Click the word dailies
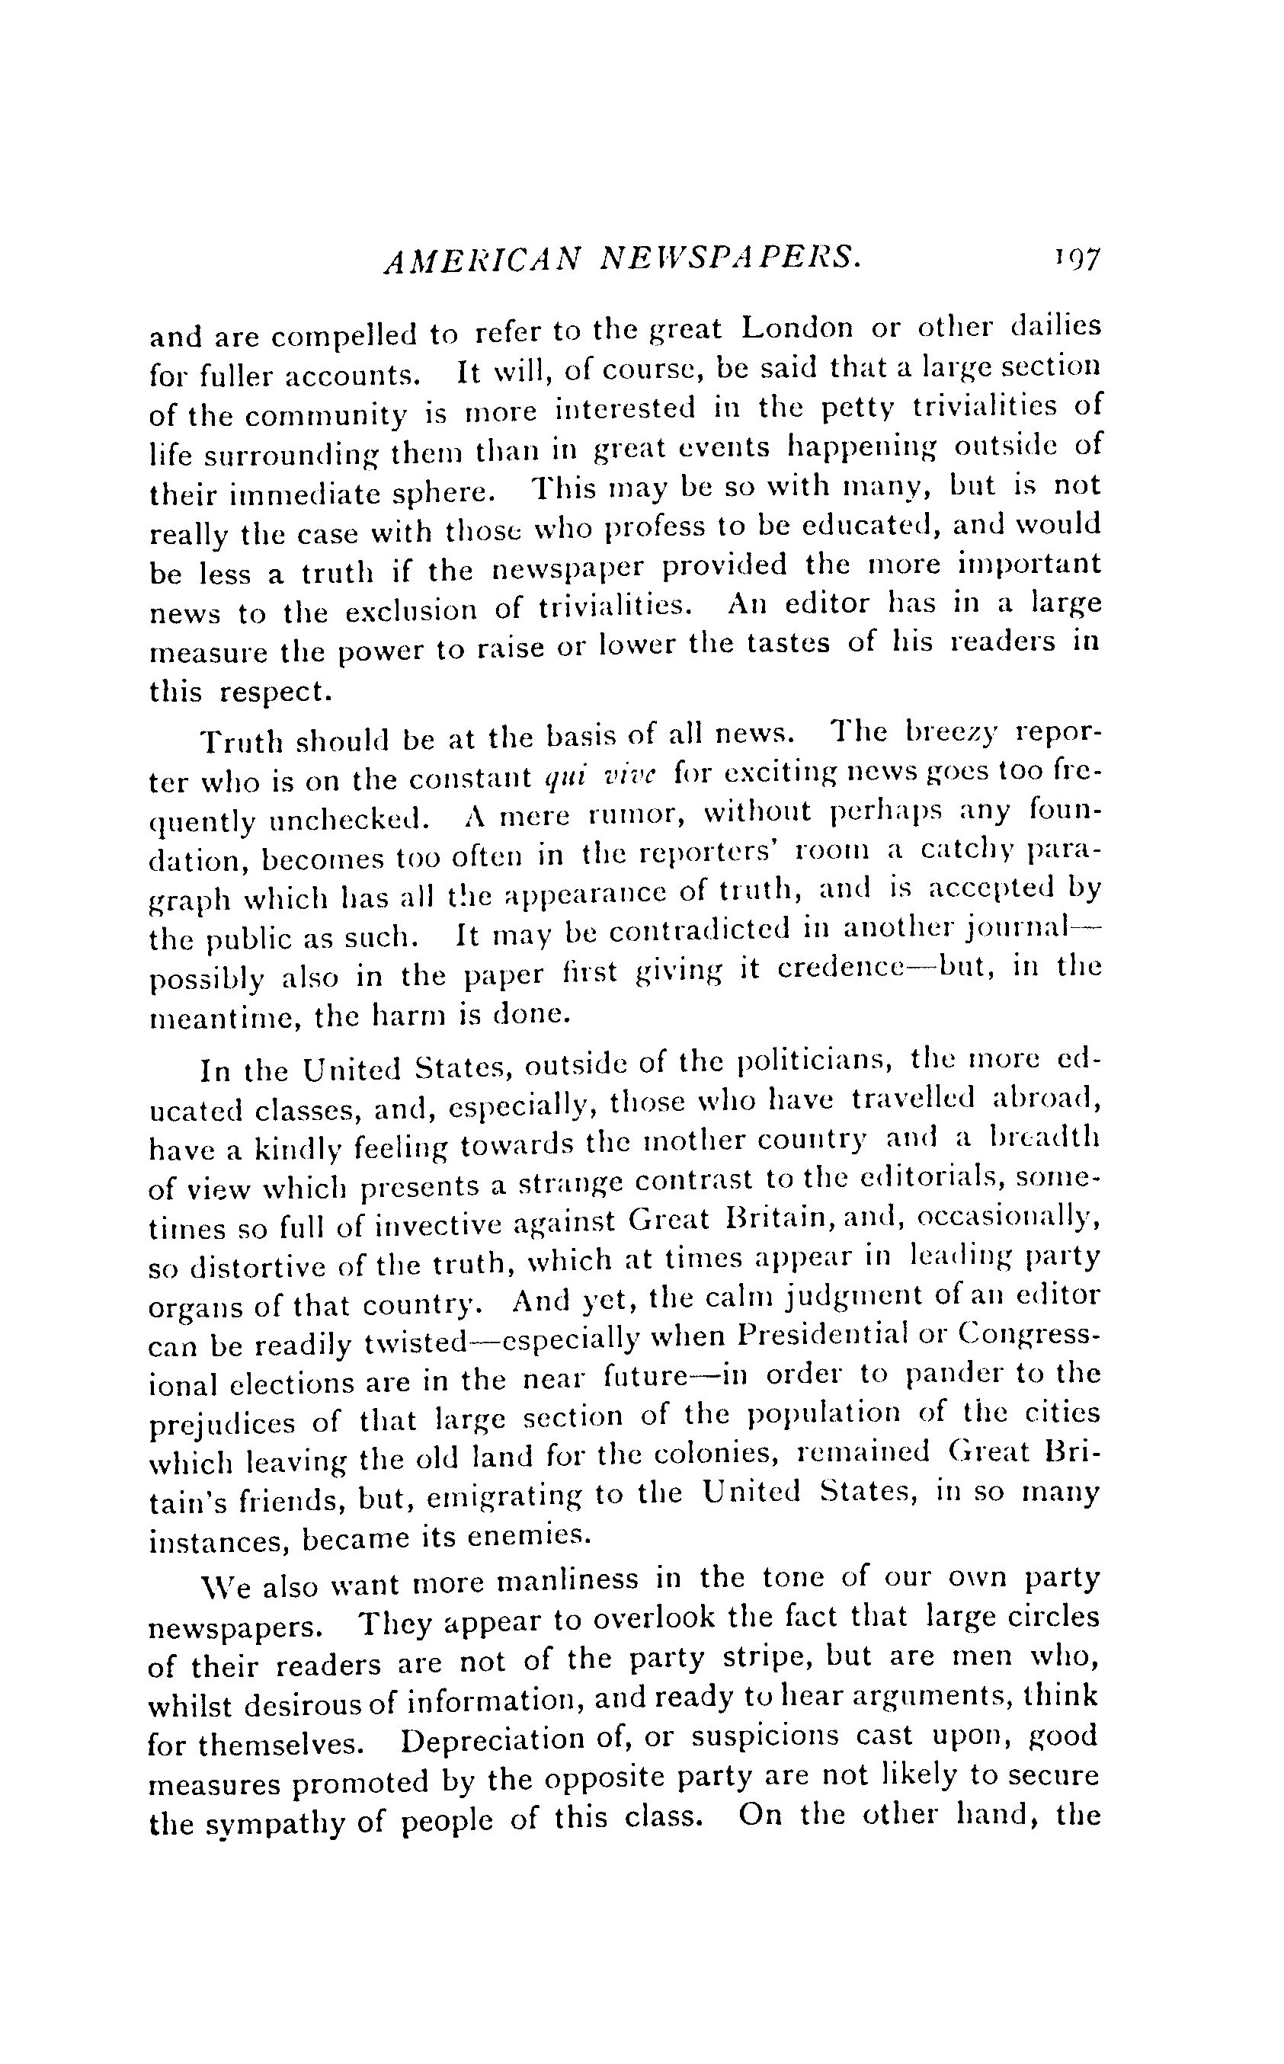click(1057, 325)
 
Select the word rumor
click(630, 815)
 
